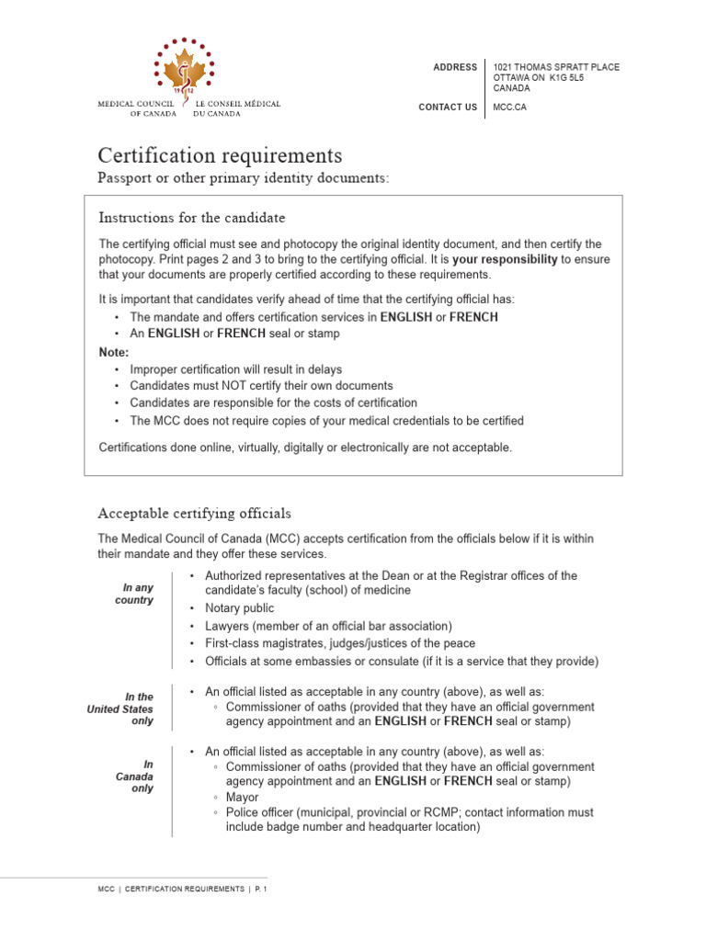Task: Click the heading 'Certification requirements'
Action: click(x=220, y=154)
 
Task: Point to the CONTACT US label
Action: click(x=448, y=108)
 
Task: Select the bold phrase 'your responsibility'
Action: click(x=505, y=260)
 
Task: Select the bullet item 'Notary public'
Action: click(x=239, y=608)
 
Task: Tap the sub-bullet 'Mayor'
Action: click(x=243, y=798)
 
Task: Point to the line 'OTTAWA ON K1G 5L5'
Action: click(x=539, y=78)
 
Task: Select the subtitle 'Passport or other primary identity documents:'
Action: click(x=244, y=177)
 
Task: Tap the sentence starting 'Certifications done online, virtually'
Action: click(x=305, y=448)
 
